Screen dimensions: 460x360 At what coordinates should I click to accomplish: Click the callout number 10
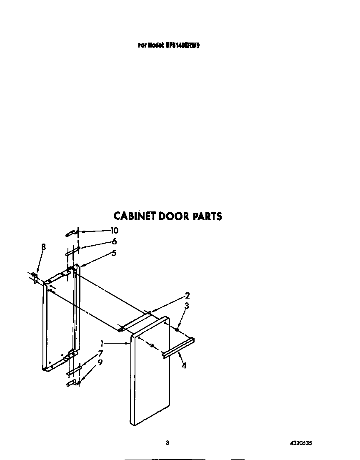click(114, 231)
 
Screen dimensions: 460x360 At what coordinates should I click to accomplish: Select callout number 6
click(114, 241)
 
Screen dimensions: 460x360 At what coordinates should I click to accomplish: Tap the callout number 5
click(114, 253)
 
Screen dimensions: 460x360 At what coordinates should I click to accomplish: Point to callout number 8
click(43, 247)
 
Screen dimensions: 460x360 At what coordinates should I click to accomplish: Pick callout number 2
click(187, 296)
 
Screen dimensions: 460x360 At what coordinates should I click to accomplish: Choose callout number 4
click(184, 366)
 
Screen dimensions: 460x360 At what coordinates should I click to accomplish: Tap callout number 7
click(100, 354)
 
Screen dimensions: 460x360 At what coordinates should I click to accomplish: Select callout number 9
click(100, 363)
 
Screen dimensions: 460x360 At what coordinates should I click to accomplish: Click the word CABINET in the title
click(135, 216)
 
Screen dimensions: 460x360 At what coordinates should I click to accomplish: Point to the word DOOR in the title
click(174, 216)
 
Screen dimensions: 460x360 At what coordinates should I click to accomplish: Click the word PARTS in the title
click(207, 216)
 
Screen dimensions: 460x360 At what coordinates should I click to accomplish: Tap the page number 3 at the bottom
click(167, 443)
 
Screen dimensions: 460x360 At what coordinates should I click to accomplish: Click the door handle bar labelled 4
click(178, 348)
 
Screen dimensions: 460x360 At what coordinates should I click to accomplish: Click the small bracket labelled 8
click(35, 277)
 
